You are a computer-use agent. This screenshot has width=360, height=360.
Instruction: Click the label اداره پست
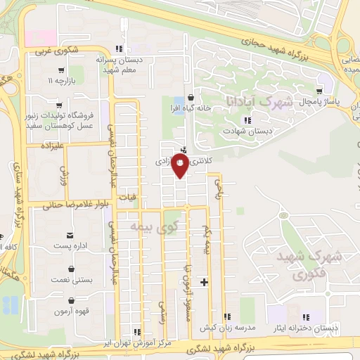[x=70, y=247]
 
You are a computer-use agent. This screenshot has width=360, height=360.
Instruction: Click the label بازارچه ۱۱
[x=62, y=82]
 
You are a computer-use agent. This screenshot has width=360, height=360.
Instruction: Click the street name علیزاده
[x=52, y=148]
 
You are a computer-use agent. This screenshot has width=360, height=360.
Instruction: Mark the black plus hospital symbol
[x=204, y=282]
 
